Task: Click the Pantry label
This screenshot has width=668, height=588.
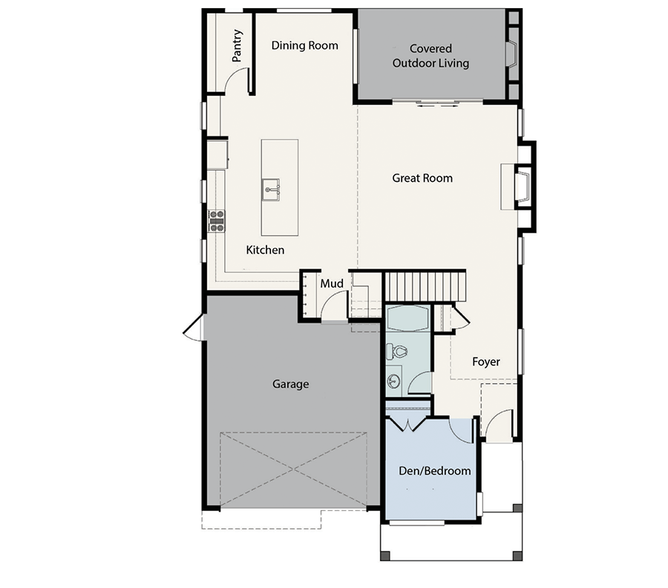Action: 237,45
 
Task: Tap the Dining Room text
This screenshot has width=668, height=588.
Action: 304,45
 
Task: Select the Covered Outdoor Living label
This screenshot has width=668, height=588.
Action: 430,56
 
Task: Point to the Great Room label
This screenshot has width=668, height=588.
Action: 422,178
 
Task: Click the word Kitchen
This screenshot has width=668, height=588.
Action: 265,250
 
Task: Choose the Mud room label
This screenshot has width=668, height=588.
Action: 330,284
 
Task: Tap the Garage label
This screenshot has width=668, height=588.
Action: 290,384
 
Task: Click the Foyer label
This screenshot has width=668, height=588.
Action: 486,362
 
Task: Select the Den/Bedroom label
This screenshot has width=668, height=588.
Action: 436,471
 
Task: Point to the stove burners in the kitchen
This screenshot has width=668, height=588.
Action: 217,221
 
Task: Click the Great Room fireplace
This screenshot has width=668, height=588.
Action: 523,184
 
